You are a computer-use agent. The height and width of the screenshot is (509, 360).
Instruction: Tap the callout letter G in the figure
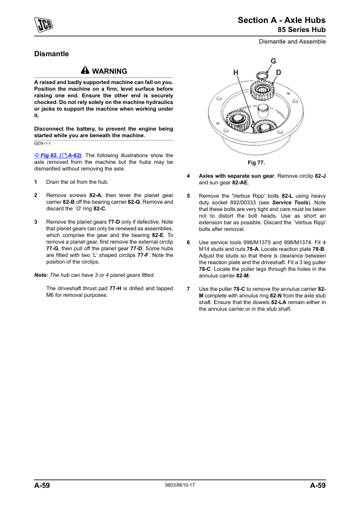click(273, 61)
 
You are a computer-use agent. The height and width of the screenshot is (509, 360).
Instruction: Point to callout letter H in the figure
click(236, 73)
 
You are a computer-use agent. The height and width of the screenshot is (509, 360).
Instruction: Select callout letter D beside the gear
click(278, 73)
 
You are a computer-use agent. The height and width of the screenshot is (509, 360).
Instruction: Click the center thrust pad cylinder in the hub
click(263, 111)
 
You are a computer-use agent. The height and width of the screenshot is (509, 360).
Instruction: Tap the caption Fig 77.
click(257, 163)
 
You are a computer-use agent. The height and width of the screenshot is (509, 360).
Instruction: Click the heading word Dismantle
click(51, 54)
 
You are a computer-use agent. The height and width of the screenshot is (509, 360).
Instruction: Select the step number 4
click(188, 176)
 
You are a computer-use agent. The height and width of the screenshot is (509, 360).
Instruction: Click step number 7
click(188, 289)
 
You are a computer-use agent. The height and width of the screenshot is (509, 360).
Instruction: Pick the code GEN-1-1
click(42, 143)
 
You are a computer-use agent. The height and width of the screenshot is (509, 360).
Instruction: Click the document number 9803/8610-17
click(180, 485)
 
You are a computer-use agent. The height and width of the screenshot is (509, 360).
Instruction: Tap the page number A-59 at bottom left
click(42, 485)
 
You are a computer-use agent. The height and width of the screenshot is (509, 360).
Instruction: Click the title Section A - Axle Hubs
click(282, 21)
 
